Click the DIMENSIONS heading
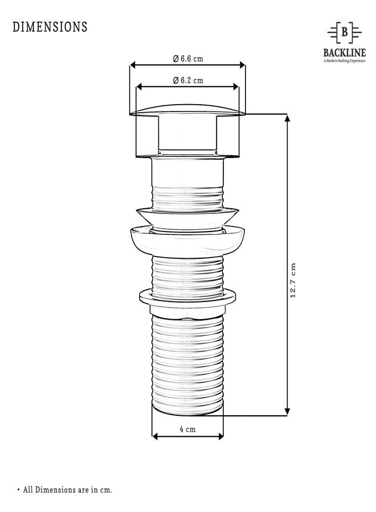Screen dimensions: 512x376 [50, 27]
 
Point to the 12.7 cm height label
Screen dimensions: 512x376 [293, 280]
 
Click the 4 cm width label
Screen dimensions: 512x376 [187, 430]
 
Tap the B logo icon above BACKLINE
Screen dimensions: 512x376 [344, 33]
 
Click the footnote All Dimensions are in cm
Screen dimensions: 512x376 [68, 489]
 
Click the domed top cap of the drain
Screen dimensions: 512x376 [187, 108]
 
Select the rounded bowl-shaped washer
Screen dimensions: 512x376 [187, 240]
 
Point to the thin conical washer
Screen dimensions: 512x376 [187, 216]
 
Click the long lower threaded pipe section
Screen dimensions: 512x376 [187, 364]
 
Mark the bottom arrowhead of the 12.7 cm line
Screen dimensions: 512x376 [287, 412]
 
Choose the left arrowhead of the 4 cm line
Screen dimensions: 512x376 [154, 437]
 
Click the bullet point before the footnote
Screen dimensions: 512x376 [18, 489]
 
